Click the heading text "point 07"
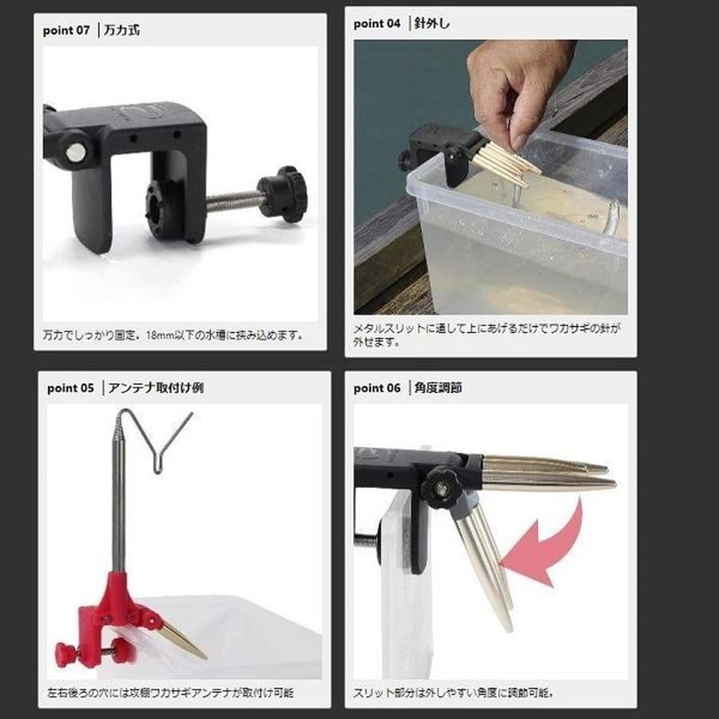tap(66, 30)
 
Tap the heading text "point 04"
tap(377, 23)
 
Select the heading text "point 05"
tap(70, 388)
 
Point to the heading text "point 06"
tap(377, 388)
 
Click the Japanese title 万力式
tap(122, 30)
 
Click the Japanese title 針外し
tap(432, 23)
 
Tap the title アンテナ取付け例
tap(156, 388)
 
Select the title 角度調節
tap(438, 388)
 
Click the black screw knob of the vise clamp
tap(283, 194)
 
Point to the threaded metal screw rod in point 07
tap(234, 201)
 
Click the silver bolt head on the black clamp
tap(75, 153)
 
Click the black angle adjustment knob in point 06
tap(441, 487)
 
